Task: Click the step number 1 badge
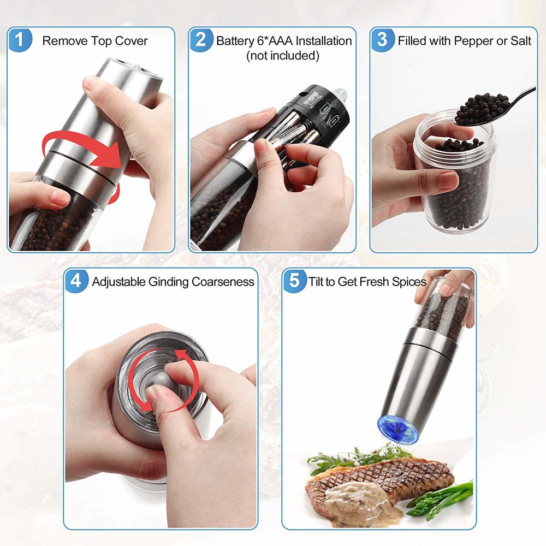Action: coord(20,40)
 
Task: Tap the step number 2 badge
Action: coord(201,40)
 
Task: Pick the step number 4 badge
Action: coord(76,281)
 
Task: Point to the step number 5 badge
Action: coord(295,281)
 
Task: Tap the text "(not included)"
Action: coord(282,55)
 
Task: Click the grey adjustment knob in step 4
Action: coord(162,382)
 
